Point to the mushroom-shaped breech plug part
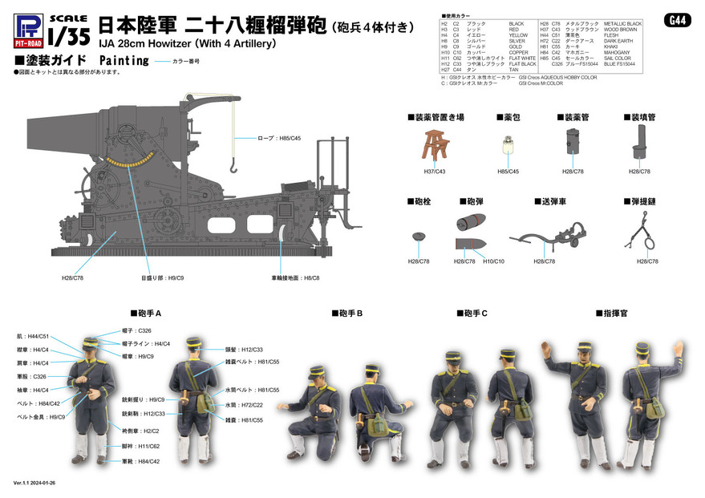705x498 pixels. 417,237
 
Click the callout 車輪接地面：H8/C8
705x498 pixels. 295,277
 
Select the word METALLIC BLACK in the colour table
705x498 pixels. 622,24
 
